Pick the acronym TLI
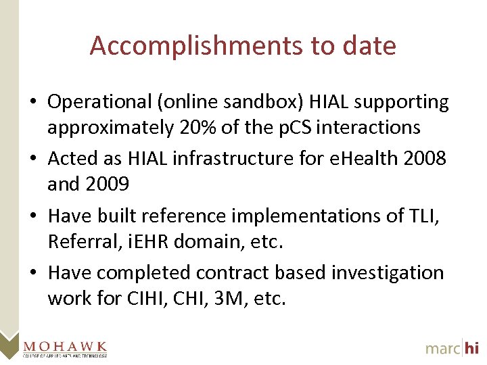pyautogui.click(x=427, y=216)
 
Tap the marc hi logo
pyautogui.click(x=452, y=347)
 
